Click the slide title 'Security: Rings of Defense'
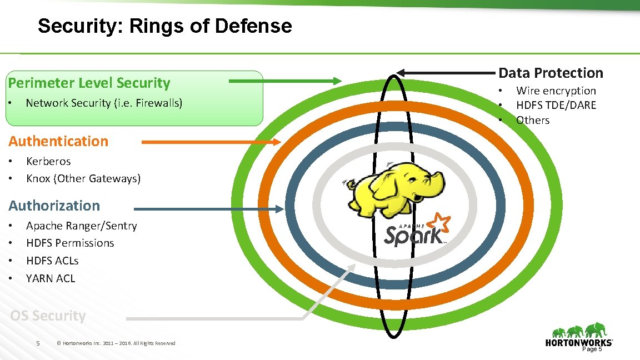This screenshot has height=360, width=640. (164, 26)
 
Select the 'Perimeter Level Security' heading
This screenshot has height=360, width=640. (89, 83)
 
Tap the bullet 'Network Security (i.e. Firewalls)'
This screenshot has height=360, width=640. (104, 103)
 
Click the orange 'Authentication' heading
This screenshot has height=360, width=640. (58, 141)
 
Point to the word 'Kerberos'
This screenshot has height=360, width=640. (48, 161)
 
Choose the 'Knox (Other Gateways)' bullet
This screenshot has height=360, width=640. (83, 178)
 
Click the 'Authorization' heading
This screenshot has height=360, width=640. (54, 206)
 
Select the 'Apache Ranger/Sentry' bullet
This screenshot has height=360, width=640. (81, 226)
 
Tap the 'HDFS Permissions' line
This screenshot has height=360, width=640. (70, 243)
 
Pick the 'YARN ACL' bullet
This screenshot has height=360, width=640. (51, 278)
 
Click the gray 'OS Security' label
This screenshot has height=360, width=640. (48, 316)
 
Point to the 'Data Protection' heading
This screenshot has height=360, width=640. (551, 73)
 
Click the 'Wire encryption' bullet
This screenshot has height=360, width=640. (556, 91)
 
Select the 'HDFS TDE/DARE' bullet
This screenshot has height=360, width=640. (556, 105)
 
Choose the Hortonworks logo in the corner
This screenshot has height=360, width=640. (579, 336)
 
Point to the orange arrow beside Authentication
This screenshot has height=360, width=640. (211, 142)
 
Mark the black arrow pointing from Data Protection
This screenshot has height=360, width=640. (447, 73)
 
